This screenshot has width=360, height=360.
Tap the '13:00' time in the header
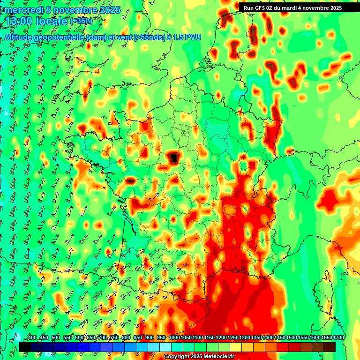(20, 21)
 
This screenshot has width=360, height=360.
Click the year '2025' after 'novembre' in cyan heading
(110, 10)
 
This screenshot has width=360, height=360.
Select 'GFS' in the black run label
(261, 8)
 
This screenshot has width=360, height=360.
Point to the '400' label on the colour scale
(32, 338)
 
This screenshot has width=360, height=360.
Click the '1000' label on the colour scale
(174, 338)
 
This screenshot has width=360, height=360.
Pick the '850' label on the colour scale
(138, 338)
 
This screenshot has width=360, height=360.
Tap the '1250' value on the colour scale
(233, 338)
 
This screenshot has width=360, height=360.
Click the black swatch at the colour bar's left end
(25, 347)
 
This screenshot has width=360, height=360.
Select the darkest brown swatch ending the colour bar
(330, 347)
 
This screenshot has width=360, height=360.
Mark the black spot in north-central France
(174, 157)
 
